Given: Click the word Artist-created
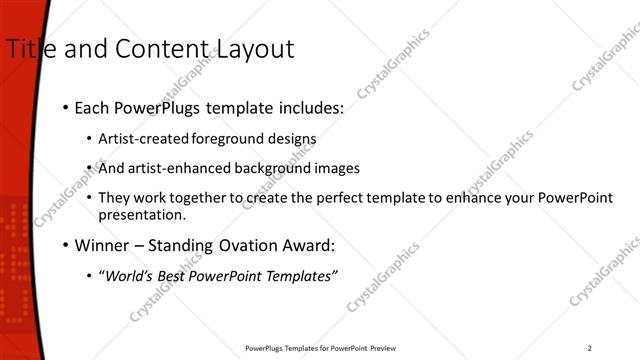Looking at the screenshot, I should pyautogui.click(x=135, y=138).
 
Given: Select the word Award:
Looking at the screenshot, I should pyautogui.click(x=305, y=245).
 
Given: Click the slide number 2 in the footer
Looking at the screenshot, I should pyautogui.click(x=589, y=348).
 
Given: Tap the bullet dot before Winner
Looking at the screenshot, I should pyautogui.click(x=66, y=245).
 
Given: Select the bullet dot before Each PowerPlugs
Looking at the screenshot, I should pyautogui.click(x=66, y=107).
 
